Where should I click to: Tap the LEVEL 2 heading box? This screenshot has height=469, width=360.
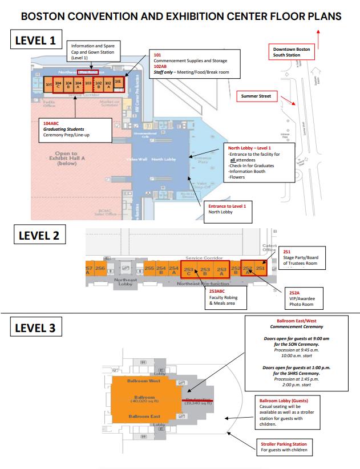38,236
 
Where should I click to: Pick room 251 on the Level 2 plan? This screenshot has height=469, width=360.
260,268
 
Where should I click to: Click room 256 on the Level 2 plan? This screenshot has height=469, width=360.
100,268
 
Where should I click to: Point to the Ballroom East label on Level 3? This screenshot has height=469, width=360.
144,417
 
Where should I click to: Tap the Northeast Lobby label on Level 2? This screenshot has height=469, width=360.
126,282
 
